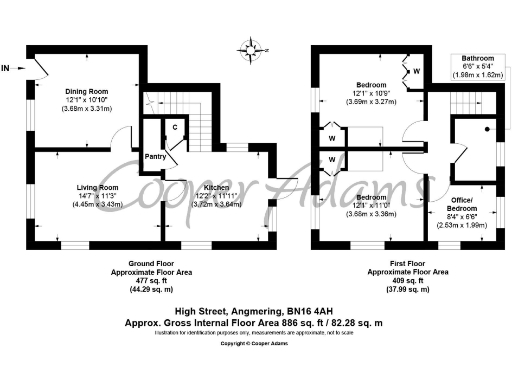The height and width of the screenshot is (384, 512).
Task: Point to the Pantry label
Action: [x=155, y=156]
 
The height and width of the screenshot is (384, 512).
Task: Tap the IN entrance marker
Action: [x=7, y=68]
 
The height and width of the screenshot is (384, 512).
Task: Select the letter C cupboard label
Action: [x=174, y=127]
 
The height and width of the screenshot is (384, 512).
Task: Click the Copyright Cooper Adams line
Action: [x=255, y=343]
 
